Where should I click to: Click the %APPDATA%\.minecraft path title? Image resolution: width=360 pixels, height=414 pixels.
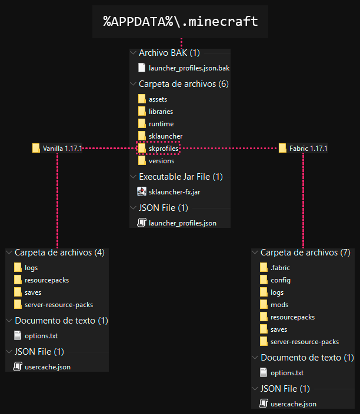coord(181,22)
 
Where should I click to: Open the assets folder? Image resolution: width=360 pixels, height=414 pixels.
coord(158,99)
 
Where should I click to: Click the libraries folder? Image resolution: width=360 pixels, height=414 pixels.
coord(160,112)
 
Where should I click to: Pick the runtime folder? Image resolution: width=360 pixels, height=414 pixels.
coord(161,124)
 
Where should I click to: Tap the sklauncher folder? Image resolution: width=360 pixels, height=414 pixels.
coord(165,136)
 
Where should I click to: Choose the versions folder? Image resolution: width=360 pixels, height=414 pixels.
coord(161,161)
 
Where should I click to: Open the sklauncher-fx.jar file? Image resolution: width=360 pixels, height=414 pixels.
coord(178,191)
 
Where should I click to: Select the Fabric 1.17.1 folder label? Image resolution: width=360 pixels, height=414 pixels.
coord(308,149)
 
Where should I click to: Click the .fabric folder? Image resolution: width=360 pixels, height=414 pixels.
coord(280,268)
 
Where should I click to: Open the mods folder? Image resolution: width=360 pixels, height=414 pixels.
coord(279,305)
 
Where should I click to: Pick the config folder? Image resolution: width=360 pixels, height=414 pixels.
coord(280,280)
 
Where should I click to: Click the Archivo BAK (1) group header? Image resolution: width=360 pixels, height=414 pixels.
coord(169,53)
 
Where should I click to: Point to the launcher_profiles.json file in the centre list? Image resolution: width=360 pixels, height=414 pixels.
coord(182,223)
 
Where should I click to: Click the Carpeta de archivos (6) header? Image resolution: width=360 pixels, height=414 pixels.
coord(183,84)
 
